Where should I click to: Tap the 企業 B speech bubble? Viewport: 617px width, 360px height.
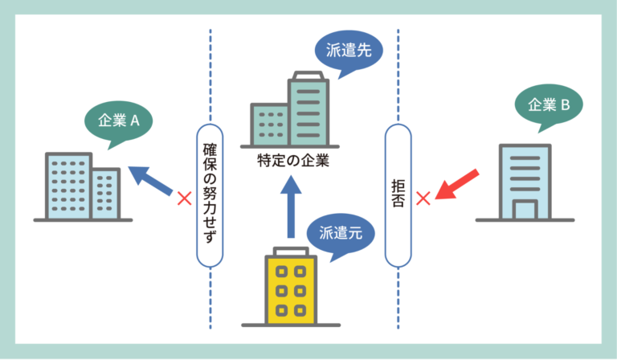point(549,104)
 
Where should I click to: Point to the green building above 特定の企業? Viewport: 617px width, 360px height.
point(293,112)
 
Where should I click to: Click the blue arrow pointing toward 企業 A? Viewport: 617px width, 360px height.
point(152,181)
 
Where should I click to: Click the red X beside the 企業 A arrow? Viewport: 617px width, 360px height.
point(184,196)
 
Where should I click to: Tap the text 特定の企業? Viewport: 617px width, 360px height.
point(294,159)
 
